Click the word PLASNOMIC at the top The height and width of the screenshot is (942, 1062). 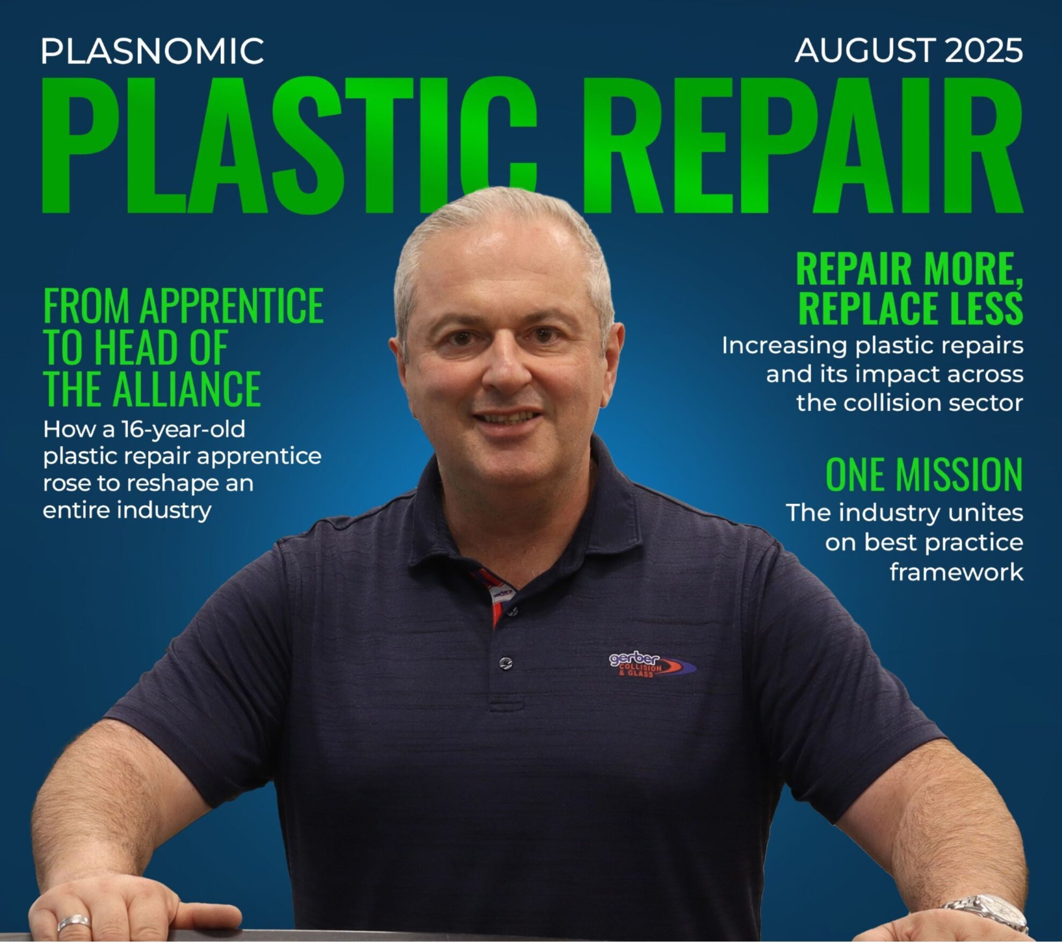click(x=152, y=51)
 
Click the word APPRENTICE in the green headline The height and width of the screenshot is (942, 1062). click(x=231, y=306)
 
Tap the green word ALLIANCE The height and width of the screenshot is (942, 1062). click(x=186, y=388)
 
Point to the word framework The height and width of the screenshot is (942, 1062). click(x=956, y=572)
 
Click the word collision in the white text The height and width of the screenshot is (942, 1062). click(x=891, y=403)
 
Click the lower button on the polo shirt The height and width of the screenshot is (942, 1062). click(x=506, y=663)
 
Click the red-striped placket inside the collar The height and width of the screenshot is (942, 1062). click(x=495, y=593)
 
